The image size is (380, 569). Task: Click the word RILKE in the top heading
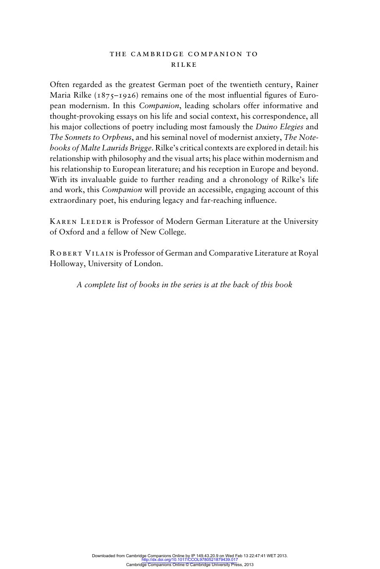(184, 65)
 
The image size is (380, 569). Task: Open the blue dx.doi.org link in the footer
(190, 560)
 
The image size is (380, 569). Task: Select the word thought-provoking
(80, 116)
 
